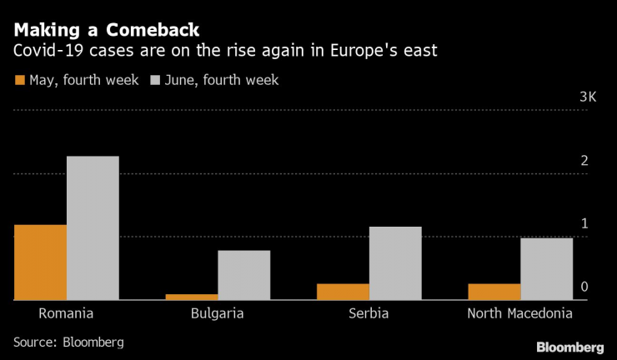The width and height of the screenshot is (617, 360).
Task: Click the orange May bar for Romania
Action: [x=40, y=262]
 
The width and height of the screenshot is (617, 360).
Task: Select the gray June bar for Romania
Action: [x=93, y=227]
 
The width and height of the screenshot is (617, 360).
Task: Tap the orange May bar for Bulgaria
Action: [x=192, y=296]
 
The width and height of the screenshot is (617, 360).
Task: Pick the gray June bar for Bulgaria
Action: [x=243, y=274]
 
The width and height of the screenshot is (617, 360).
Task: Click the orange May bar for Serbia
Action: [x=344, y=291]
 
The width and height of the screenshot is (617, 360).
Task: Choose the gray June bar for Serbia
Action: [x=395, y=262]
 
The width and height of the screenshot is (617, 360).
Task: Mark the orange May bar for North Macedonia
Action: [x=494, y=291]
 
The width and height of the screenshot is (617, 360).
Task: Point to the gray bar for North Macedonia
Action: [x=547, y=268]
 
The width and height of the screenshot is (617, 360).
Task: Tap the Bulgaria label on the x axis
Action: [x=218, y=314]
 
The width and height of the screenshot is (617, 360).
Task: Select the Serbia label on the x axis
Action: [x=369, y=314]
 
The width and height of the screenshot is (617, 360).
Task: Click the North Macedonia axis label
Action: [x=520, y=314]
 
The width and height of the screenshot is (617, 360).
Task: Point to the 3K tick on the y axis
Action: [x=588, y=97]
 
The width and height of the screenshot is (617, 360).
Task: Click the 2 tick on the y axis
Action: [x=584, y=161]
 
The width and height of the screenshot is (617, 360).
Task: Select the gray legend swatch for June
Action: [x=155, y=81]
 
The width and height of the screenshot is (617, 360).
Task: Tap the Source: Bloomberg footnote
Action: [x=68, y=342]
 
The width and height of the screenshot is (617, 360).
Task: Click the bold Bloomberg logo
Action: [x=569, y=346]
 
